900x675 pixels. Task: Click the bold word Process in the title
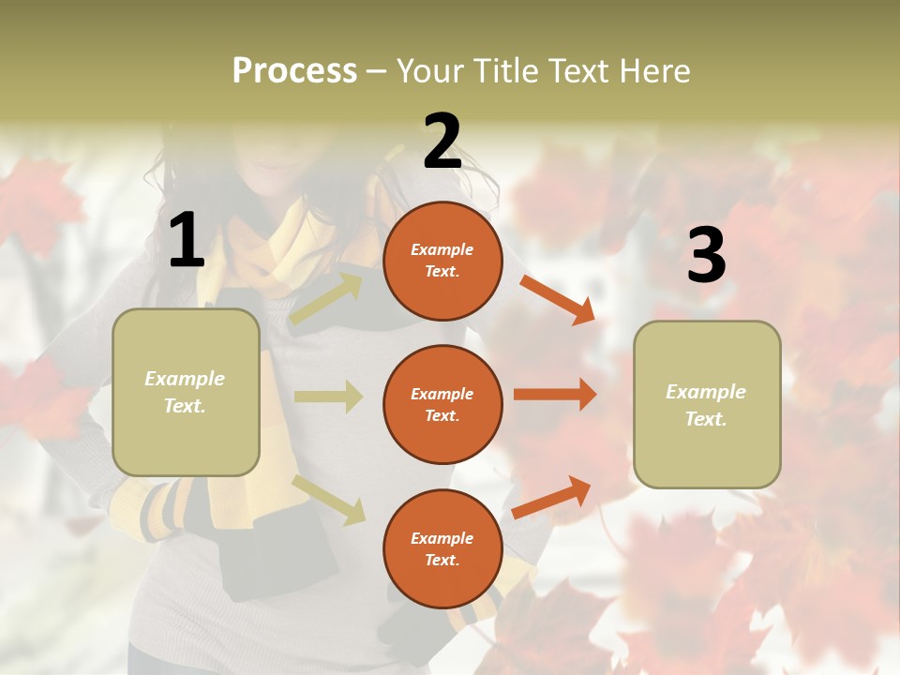[294, 70]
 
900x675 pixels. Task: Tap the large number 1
[187, 240]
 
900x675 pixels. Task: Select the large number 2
[442, 142]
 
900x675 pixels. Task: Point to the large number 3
[706, 256]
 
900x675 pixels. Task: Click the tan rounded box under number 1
[186, 392]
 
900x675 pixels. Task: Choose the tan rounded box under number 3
[707, 404]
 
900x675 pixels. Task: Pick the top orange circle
[442, 261]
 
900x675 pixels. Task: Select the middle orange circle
[442, 404]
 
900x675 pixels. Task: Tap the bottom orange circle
[442, 548]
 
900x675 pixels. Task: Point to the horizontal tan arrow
[328, 397]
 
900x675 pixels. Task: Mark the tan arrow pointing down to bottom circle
[328, 500]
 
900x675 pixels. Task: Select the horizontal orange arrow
[555, 395]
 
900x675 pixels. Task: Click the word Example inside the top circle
[442, 249]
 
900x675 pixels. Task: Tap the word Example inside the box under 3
[706, 392]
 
